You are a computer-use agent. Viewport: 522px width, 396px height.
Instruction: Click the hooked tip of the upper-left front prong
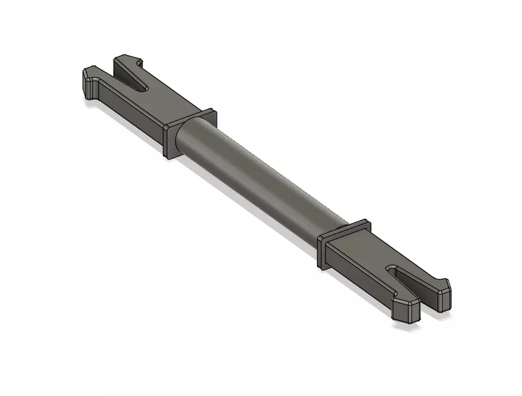point(90,83)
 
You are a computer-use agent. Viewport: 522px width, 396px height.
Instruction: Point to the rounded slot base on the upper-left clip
point(143,88)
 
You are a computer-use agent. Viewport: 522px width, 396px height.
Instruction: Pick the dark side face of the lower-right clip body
point(358,275)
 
